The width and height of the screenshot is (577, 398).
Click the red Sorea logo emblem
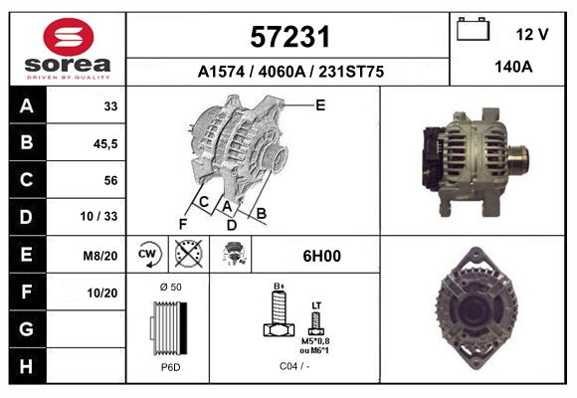(69, 37)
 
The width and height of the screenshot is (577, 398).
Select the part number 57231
(289, 37)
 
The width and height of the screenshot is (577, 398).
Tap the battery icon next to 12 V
(473, 29)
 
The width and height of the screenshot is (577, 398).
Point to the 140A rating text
(513, 67)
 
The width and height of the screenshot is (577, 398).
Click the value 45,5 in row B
(105, 143)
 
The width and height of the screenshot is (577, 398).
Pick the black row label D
(26, 217)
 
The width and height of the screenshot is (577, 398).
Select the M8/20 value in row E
(100, 256)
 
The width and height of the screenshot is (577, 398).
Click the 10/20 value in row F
(102, 293)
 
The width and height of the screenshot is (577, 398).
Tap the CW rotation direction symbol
(147, 254)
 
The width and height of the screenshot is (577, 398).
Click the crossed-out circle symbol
(188, 254)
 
